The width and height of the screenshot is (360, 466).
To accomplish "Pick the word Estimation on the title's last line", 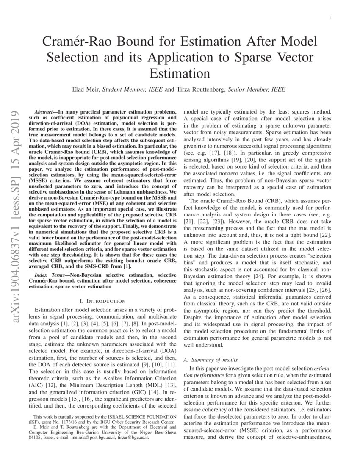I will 180,72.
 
